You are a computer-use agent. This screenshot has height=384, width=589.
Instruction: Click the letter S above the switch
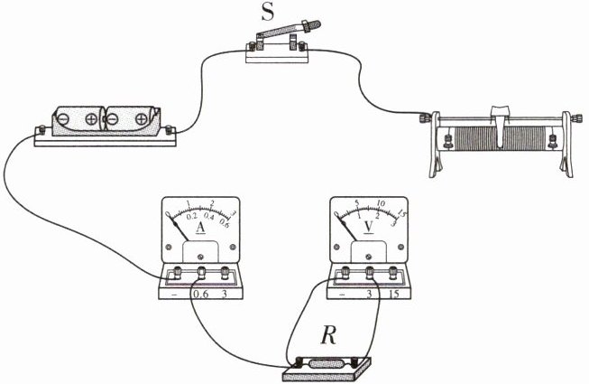pos(268,12)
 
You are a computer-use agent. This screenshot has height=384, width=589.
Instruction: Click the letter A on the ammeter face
pos(200,227)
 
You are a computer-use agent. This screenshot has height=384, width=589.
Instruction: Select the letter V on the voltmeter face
pos(369,227)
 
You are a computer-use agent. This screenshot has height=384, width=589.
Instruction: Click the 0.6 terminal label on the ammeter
pos(200,295)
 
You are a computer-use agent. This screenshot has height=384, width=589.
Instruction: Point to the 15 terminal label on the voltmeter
pos(394,295)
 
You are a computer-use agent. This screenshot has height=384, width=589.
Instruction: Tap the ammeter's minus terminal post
pos(176,272)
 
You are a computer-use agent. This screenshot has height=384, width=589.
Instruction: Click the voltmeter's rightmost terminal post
pos(393,272)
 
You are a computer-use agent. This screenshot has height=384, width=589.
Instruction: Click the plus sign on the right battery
pos(142,119)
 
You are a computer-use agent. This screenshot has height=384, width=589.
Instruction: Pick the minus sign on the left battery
pos(63,119)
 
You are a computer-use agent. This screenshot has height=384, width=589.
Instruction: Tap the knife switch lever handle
pos(311,25)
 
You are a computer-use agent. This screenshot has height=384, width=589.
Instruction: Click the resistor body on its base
pos(327,364)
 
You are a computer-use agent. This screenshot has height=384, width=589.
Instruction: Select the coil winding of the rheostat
pos(499,137)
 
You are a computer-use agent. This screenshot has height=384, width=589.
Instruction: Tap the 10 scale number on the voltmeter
pos(381,203)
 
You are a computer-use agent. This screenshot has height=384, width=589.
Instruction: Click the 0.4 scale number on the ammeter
pos(209,217)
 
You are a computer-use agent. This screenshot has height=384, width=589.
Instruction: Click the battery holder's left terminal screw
pos(42,130)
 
